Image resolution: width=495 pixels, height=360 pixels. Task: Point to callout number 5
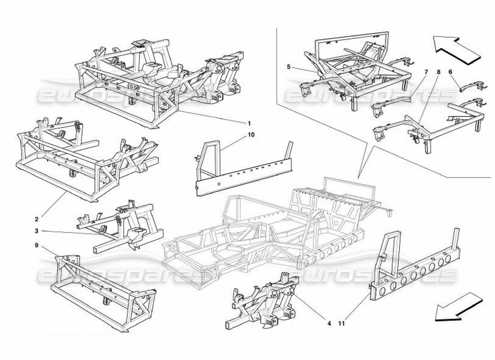[288, 67]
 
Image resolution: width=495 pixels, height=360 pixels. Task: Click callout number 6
[450, 71]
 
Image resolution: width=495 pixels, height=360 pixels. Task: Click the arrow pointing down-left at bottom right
[458, 307]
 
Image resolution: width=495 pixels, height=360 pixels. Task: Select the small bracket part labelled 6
[470, 85]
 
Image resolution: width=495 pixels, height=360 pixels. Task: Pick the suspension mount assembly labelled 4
[270, 301]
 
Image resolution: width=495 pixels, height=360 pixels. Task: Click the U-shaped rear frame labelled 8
[432, 126]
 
